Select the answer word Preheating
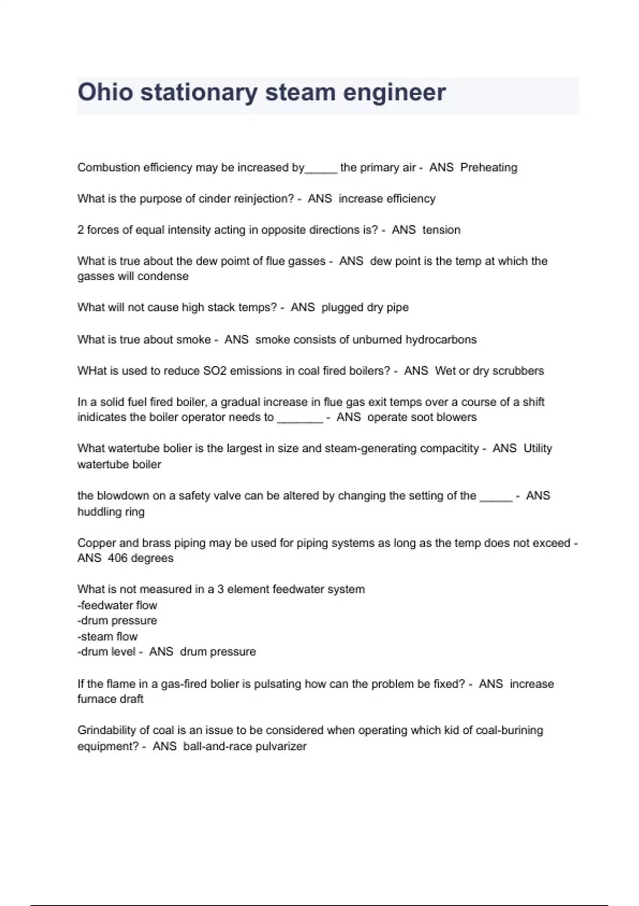point(488,167)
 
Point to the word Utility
point(537,448)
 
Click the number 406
point(117,558)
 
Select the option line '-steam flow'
point(108,636)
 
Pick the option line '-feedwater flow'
point(117,605)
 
